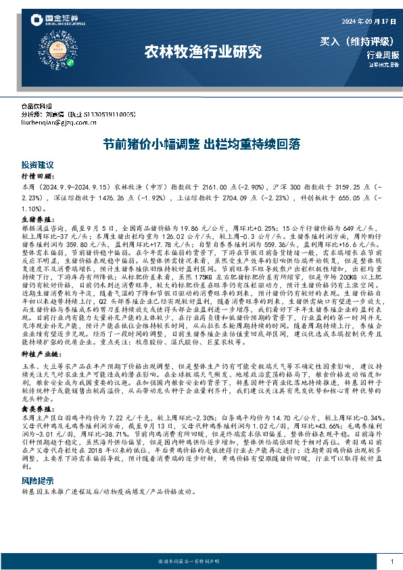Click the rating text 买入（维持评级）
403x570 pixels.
click(359, 41)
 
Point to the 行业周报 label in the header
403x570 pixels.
click(383, 56)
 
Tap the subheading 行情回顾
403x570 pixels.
click(35, 175)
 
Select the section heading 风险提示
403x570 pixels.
click(37, 460)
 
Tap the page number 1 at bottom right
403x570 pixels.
click(392, 562)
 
